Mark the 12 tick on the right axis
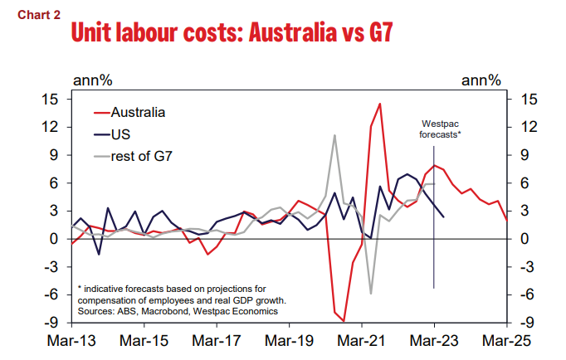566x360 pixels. [x=528, y=127]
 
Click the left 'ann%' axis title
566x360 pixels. [x=94, y=80]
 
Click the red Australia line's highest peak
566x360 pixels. [x=379, y=104]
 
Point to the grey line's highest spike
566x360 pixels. [x=334, y=135]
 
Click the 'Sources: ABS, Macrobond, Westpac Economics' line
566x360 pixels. [x=178, y=311]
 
